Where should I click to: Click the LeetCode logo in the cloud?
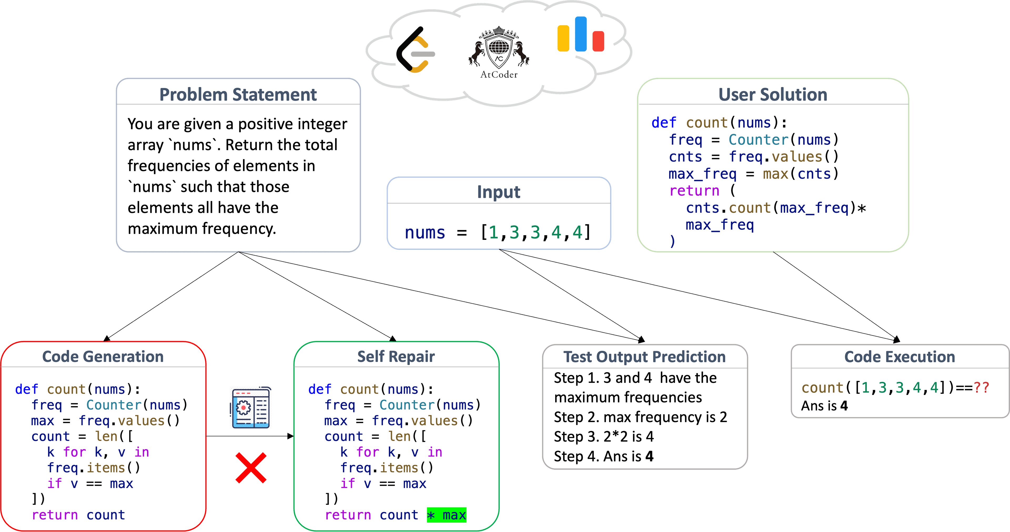point(415,50)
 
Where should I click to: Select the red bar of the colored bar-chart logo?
point(598,41)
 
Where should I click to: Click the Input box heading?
point(499,192)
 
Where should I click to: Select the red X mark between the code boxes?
point(251,468)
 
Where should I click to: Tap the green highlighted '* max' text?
point(447,515)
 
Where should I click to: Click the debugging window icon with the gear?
point(251,407)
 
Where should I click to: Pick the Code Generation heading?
point(103,357)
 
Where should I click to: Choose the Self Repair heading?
point(396,357)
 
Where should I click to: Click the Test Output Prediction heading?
point(645,357)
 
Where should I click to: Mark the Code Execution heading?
point(900,357)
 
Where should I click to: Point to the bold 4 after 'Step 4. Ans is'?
point(649,456)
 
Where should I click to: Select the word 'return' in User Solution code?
point(694,191)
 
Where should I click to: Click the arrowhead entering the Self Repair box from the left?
point(291,436)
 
